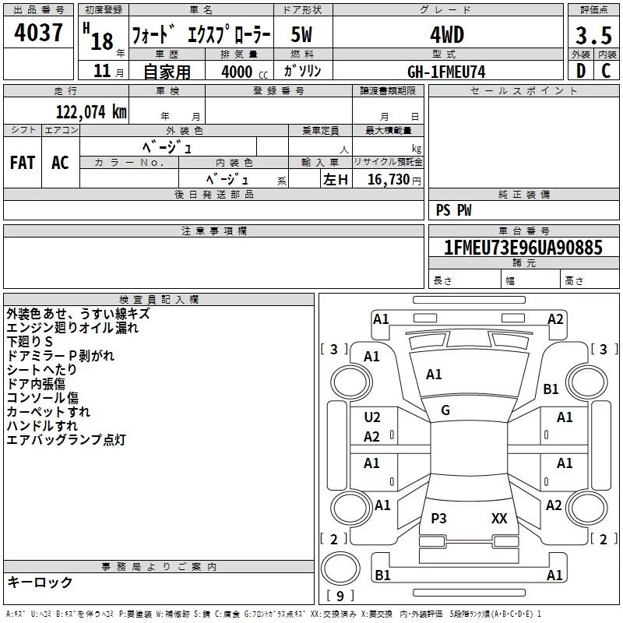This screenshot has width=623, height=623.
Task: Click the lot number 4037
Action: [x=38, y=32]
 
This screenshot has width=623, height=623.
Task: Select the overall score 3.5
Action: [x=593, y=35]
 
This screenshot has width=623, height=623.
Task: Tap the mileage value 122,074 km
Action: [x=91, y=111]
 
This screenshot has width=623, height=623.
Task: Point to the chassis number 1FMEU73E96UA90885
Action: [x=523, y=247]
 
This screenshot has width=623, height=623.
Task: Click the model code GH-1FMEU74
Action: [x=446, y=72]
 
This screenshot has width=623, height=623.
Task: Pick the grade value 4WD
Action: [x=447, y=35]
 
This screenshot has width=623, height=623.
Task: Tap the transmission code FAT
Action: [x=23, y=163]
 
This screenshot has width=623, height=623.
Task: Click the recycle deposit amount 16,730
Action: [x=389, y=179]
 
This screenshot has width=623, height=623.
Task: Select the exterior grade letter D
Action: [x=581, y=71]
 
